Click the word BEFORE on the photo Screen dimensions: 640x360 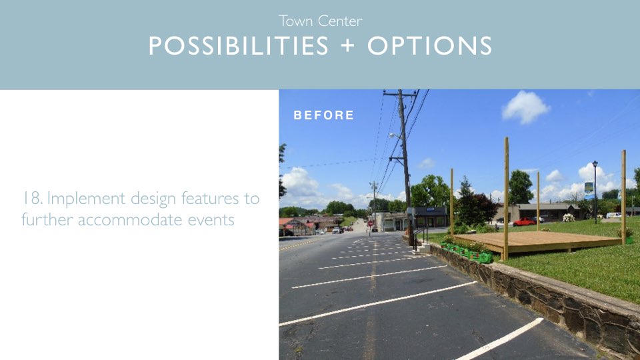(324, 115)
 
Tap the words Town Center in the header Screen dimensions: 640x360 (321, 21)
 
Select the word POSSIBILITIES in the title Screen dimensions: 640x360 (239, 45)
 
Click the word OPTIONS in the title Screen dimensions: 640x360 (429, 45)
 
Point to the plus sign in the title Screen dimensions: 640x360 (347, 45)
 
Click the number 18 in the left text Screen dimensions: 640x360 (32, 199)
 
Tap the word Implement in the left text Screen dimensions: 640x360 (86, 199)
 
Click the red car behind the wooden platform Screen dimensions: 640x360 (524, 221)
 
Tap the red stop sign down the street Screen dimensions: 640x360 (370, 223)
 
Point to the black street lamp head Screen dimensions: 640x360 (595, 164)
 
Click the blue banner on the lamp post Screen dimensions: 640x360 (589, 190)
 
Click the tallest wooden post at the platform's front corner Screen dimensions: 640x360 (506, 199)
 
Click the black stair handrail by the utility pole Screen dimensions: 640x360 (419, 237)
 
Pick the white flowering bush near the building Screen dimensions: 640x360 (568, 217)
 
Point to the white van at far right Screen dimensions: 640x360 (614, 215)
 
